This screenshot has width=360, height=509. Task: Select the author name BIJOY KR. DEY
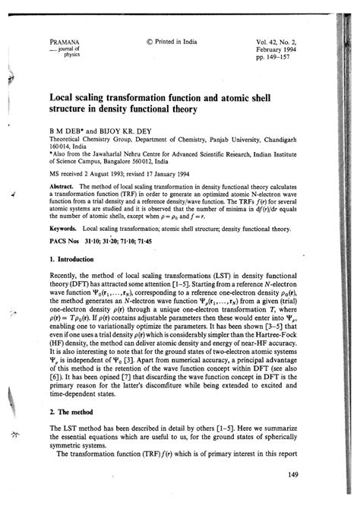[x=128, y=131]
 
